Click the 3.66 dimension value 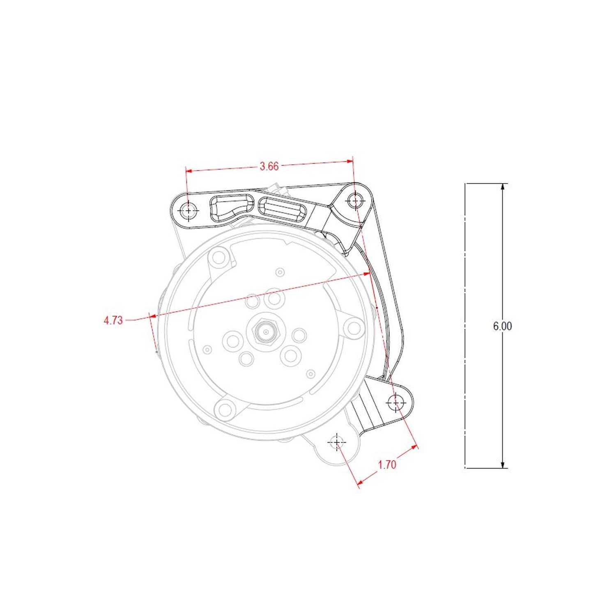tap(269, 166)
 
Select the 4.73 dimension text tap(113, 320)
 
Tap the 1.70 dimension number tap(387, 464)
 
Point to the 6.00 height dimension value tap(502, 326)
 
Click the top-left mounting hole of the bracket tap(188, 211)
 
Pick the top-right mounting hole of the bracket tap(355, 201)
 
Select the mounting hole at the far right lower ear tap(396, 402)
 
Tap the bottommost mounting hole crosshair tap(337, 442)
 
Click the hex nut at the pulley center tap(265, 331)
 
